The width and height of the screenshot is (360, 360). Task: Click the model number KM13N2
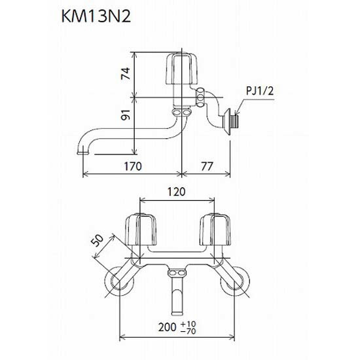(96, 16)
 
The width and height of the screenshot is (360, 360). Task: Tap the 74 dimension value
(126, 73)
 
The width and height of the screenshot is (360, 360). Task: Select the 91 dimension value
(126, 114)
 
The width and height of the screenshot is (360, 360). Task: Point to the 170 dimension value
(133, 166)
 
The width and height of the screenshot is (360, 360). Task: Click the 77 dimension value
(207, 166)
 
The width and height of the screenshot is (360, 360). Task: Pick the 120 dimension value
(176, 192)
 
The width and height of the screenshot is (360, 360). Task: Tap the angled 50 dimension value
(98, 241)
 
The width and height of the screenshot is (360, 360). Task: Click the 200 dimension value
(167, 327)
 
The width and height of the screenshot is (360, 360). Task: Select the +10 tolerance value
(189, 324)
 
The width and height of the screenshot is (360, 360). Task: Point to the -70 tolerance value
(189, 331)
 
